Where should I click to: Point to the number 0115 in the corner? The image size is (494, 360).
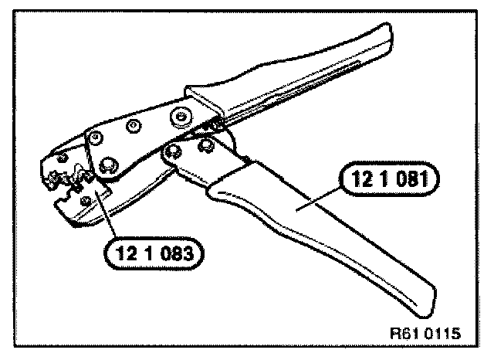[x=444, y=335]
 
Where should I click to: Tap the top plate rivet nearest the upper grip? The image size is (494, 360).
[x=181, y=115]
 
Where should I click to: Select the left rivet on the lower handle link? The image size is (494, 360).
[x=171, y=151]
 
